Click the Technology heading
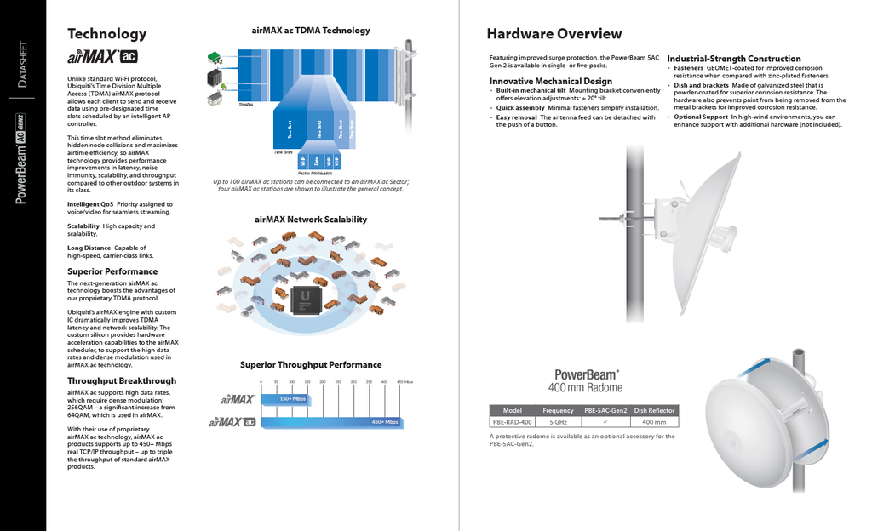tap(106, 34)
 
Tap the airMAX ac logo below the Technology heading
tap(102, 58)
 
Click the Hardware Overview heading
tap(554, 34)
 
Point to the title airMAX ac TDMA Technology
tap(311, 31)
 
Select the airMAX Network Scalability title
tap(311, 220)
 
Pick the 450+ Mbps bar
tap(332, 421)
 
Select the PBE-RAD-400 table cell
tap(512, 421)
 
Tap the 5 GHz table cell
tap(558, 421)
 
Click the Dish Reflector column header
tap(654, 410)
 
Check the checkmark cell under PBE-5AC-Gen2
tap(605, 421)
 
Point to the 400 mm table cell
tap(654, 421)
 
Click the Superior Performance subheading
tap(112, 271)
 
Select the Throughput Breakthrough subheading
tap(122, 380)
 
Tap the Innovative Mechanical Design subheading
tap(550, 81)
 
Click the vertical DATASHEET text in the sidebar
tap(23, 64)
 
